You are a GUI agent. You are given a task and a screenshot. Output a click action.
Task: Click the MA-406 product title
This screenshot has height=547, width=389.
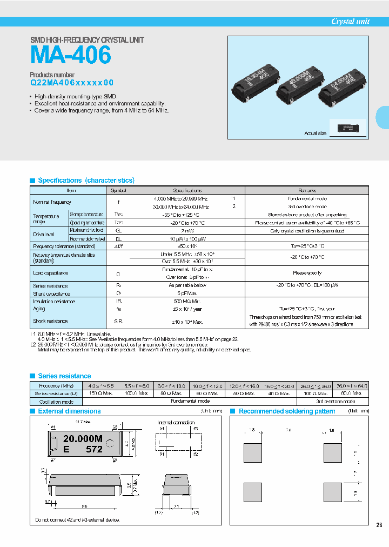click(71, 55)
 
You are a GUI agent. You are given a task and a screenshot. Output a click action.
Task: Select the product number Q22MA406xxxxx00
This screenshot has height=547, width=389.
click(72, 83)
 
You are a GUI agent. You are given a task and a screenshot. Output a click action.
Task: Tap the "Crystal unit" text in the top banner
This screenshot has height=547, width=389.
click(350, 22)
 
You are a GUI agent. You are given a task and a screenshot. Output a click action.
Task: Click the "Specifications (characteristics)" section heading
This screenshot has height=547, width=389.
click(86, 181)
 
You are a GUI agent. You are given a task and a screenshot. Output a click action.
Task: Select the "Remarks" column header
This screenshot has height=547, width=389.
click(307, 190)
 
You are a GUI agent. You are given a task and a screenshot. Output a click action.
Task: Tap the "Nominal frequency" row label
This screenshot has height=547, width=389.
click(52, 202)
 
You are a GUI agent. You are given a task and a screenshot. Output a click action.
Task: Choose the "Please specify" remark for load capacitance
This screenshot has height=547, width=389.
click(307, 273)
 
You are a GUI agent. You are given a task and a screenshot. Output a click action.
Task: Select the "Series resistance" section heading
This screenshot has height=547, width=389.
click(64, 376)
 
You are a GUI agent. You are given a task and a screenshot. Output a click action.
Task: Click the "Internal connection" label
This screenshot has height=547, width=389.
click(176, 422)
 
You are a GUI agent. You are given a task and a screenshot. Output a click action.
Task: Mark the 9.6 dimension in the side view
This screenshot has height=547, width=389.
click(85, 506)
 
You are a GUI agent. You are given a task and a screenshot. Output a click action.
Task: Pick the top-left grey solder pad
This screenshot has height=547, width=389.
click(253, 453)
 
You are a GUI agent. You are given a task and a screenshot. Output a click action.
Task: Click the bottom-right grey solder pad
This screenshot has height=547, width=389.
click(332, 492)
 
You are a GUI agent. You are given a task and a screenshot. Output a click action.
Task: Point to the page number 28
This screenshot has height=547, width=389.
click(379, 525)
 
